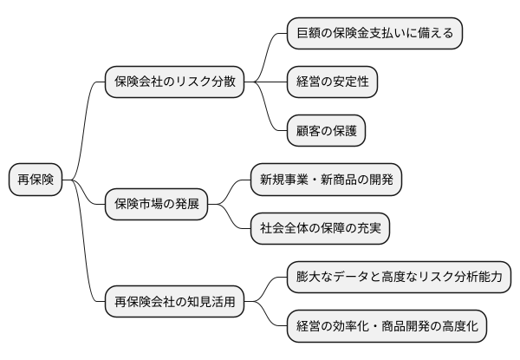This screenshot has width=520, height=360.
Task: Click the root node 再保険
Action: [36, 180]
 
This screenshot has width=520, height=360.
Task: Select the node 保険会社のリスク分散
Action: [174, 82]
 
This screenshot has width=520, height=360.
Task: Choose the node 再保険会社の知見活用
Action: [174, 303]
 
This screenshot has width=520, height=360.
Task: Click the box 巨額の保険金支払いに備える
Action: [375, 34]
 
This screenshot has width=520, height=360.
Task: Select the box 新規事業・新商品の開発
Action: [326, 180]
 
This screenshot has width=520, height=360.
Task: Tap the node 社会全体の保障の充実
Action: [319, 229]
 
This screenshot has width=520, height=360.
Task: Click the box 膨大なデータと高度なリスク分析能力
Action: [400, 278]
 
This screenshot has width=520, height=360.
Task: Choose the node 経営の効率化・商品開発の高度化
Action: [387, 327]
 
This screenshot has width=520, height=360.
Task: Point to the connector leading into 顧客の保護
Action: [271, 117]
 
